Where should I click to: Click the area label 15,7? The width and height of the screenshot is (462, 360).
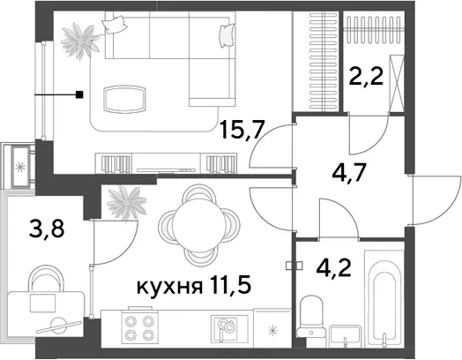[x=242, y=131]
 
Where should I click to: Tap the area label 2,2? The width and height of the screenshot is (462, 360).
[x=366, y=76]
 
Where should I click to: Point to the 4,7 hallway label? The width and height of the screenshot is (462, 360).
[x=349, y=174]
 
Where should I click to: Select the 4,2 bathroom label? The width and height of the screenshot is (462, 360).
[x=333, y=267]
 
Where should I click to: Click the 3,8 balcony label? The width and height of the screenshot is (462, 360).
[x=47, y=229]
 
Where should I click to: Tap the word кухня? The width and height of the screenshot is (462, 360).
[x=169, y=287]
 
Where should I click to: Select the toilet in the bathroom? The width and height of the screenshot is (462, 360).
[x=310, y=317]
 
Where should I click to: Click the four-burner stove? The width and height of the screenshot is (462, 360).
[x=139, y=327]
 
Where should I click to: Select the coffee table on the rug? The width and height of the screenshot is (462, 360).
[x=125, y=99]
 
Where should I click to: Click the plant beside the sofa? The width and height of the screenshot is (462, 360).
[x=80, y=41]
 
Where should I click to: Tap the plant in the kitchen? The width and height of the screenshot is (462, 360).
[x=127, y=204]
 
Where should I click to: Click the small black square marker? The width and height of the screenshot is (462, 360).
[x=79, y=95]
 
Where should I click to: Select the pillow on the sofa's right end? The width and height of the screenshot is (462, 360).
[x=227, y=35]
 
